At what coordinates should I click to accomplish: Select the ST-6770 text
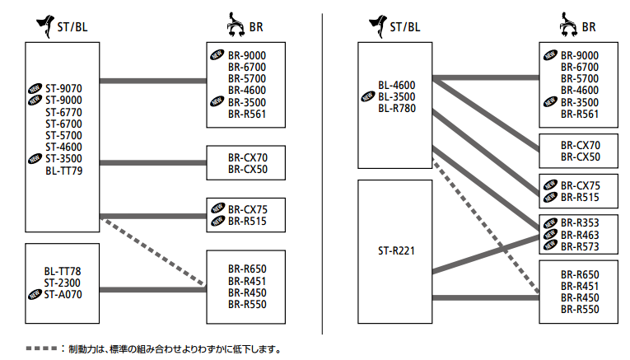63,112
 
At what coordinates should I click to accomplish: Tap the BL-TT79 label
64,171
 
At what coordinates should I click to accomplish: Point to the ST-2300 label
63,282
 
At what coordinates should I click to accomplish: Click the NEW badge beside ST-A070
35,293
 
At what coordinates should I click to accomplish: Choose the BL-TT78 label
63,270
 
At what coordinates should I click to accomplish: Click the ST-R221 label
396,247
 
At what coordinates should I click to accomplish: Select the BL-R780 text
397,108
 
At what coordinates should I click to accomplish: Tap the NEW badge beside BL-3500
367,96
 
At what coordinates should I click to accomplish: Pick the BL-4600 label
397,85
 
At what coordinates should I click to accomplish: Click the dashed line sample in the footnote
40,348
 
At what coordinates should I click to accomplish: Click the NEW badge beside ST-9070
35,88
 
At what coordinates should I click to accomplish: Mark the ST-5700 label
63,135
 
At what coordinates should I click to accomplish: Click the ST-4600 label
63,147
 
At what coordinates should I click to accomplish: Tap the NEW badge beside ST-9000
35,100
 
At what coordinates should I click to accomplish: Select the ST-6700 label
63,124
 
